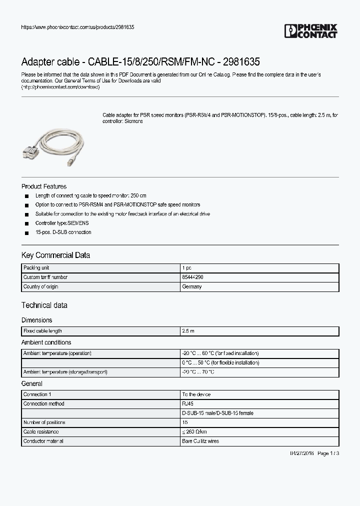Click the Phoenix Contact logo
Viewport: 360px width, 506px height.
pos(311,31)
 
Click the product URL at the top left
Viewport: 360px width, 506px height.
pos(77,26)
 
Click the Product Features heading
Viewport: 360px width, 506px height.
pos(44,186)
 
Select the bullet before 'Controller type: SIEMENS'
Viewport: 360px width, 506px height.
pos(26,223)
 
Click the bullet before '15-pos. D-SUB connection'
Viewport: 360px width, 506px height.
pos(26,233)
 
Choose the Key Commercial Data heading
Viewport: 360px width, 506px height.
pos(55,255)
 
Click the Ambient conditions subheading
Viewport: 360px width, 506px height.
pos(46,342)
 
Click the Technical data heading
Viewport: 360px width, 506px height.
pos(44,305)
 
